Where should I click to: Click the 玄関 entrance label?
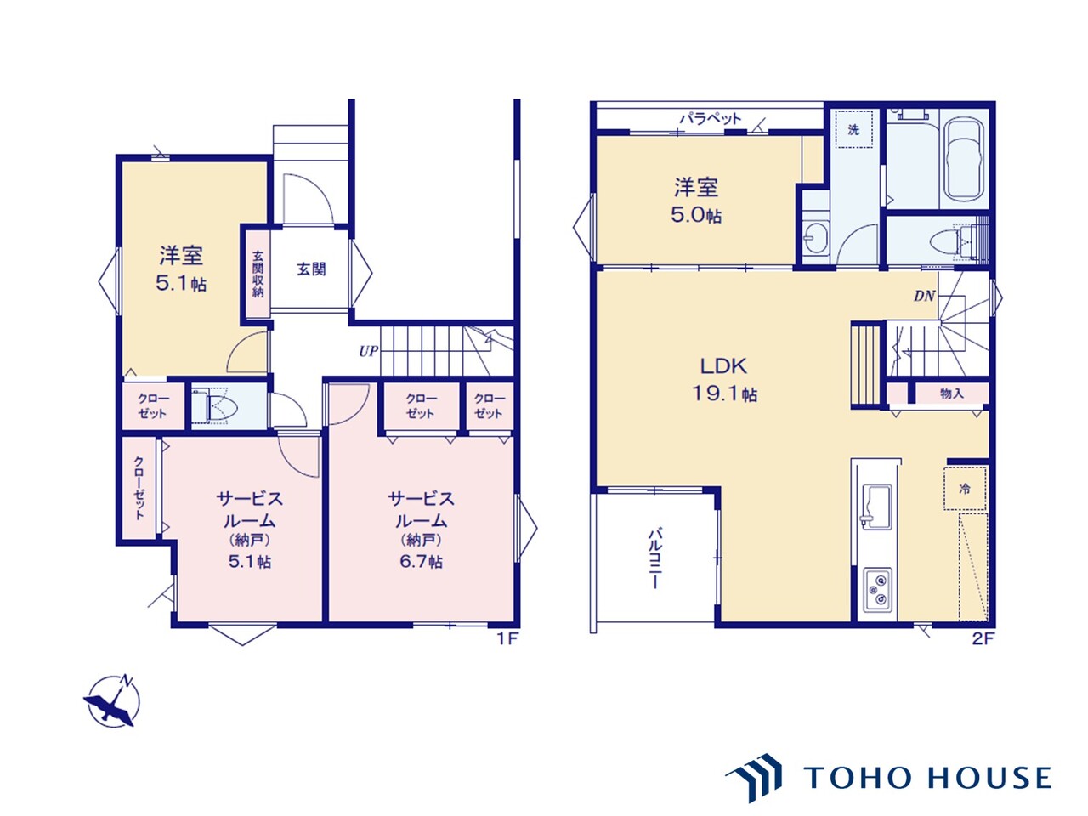coord(311,269)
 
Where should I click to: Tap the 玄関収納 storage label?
coord(258,274)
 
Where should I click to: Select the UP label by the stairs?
coord(368,351)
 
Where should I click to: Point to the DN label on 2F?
coord(924,297)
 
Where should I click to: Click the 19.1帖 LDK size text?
coord(724,394)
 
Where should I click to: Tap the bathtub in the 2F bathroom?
coord(964,160)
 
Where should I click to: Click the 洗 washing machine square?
coord(853,129)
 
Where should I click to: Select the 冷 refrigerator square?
coord(965,489)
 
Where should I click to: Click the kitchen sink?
coord(876,506)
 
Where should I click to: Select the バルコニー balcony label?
coord(654,558)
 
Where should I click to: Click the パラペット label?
coord(710,118)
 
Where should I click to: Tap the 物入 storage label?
coord(951,394)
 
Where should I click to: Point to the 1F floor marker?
coord(507,639)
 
